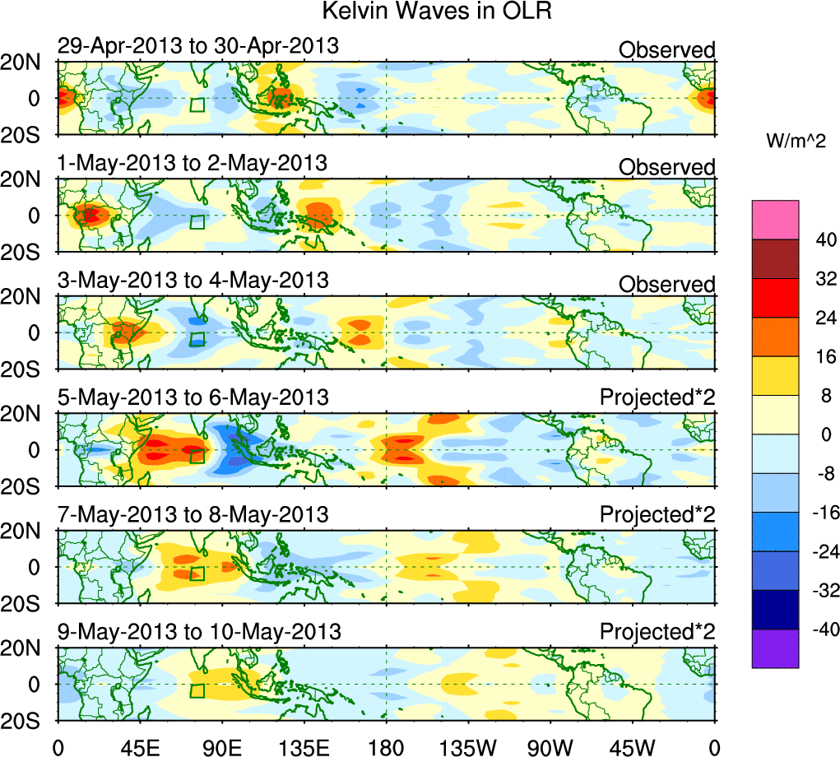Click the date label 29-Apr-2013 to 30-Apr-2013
click(x=197, y=46)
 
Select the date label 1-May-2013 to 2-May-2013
click(x=193, y=163)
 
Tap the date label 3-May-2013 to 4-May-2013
click(x=193, y=281)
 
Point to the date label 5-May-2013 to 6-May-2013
click(x=193, y=397)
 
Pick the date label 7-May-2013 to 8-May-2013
click(x=193, y=515)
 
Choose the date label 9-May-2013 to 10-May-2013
click(x=198, y=632)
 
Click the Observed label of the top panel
click(x=666, y=50)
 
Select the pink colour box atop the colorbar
click(x=775, y=220)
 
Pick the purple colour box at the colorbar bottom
click(x=775, y=648)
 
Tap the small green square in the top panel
click(x=197, y=104)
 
